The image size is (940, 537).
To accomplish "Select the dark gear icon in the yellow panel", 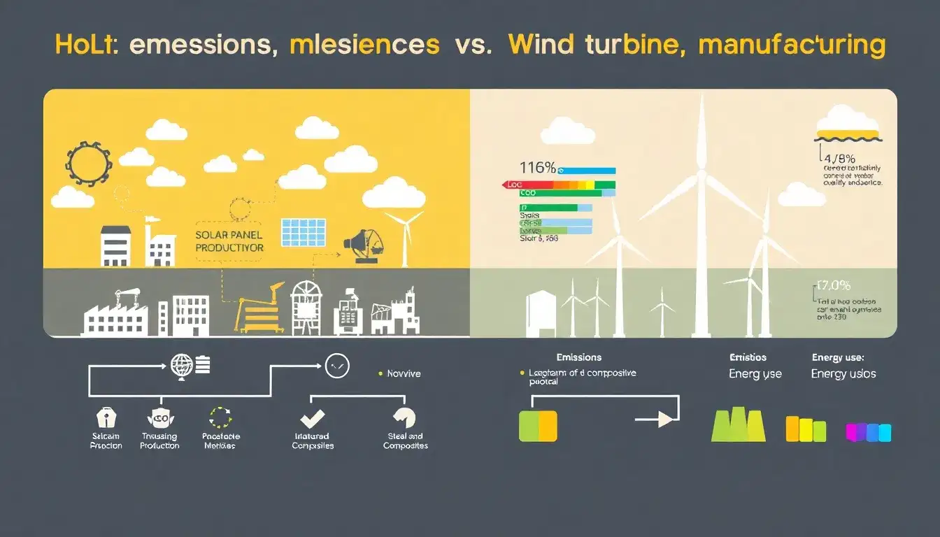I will [89, 164].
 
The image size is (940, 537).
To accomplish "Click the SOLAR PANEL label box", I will [229, 241].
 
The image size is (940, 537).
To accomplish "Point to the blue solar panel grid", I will [304, 232].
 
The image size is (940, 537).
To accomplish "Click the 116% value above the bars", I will [538, 168].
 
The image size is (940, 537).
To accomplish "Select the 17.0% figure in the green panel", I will [833, 285].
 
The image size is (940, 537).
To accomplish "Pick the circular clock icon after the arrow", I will [336, 364].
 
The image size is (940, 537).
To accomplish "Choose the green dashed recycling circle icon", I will [220, 417].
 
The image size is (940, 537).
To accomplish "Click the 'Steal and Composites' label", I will [406, 441].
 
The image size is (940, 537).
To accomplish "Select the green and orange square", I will [538, 426].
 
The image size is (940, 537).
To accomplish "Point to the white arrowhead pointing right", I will [665, 419].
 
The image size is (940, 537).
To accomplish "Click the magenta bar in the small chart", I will [853, 432].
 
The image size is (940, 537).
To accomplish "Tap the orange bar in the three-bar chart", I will [792, 429].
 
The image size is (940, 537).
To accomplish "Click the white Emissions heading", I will [578, 357].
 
